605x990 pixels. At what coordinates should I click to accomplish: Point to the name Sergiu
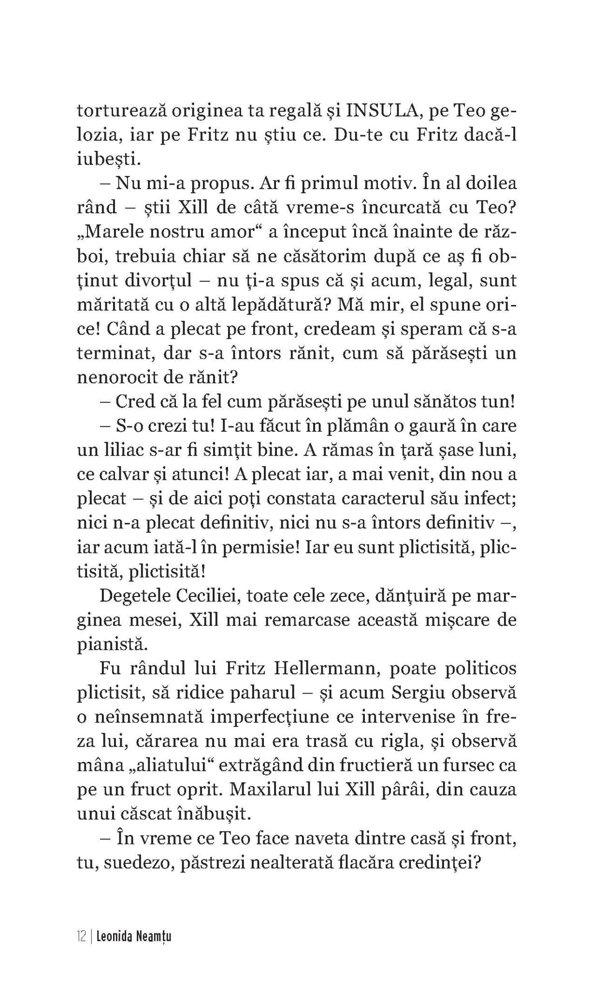[430, 692]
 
